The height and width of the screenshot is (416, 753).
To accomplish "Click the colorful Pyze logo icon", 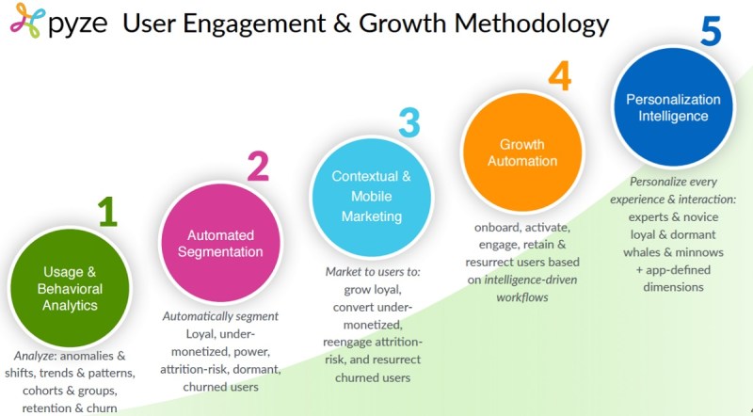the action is pyautogui.click(x=28, y=21).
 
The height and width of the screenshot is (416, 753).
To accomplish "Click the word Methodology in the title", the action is pyautogui.click(x=532, y=23).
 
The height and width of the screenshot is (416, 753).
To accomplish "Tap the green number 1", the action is pyautogui.click(x=107, y=212).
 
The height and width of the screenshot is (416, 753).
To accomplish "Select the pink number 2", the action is pyautogui.click(x=258, y=167).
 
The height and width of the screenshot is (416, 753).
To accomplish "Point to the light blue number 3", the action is pyautogui.click(x=409, y=122).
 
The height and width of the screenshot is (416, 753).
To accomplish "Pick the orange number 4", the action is pyautogui.click(x=560, y=76).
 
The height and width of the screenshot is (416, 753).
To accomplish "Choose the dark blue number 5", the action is pyautogui.click(x=711, y=31).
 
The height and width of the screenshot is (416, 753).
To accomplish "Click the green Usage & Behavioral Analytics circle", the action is pyautogui.click(x=70, y=288).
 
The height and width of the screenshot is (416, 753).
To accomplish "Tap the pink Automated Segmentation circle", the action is pyautogui.click(x=220, y=243).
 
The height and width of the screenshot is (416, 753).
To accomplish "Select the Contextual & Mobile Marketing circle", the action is pyautogui.click(x=371, y=197).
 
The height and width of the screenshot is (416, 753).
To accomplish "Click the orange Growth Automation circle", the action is pyautogui.click(x=522, y=152).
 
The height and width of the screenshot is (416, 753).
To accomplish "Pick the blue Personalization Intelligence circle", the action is pyautogui.click(x=673, y=106).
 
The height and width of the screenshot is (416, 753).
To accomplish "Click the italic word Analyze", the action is pyautogui.click(x=31, y=356).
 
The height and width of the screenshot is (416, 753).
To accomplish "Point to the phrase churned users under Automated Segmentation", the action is pyautogui.click(x=220, y=387).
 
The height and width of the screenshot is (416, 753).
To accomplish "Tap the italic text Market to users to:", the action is pyautogui.click(x=373, y=272).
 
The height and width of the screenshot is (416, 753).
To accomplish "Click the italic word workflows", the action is pyautogui.click(x=522, y=297).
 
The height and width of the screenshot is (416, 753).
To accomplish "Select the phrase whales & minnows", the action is pyautogui.click(x=673, y=252).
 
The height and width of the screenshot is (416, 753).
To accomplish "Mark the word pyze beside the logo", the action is pyautogui.click(x=78, y=25).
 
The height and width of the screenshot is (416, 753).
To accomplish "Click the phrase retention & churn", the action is pyautogui.click(x=70, y=408).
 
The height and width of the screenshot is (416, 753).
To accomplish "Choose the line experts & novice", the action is pyautogui.click(x=673, y=217).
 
